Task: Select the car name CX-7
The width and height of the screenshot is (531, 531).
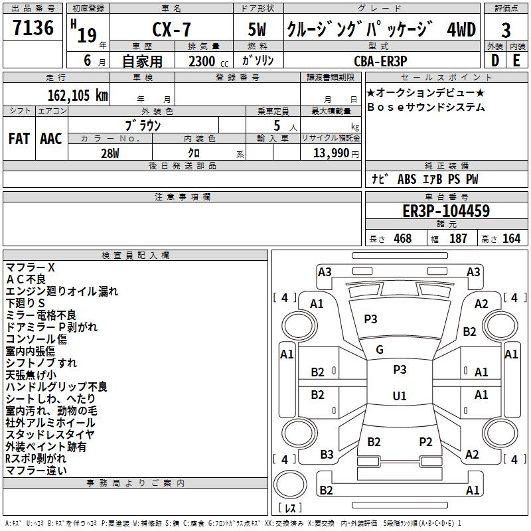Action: pos(171,31)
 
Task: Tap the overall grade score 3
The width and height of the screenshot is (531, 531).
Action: pos(506,31)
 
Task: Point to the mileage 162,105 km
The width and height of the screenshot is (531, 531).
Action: pos(78,95)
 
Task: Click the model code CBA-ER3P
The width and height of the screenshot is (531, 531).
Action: pos(380,60)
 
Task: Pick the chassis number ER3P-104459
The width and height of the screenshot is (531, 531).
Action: pos(446,212)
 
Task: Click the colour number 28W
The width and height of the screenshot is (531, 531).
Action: pos(110,153)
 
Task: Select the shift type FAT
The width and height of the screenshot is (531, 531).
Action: pos(19,139)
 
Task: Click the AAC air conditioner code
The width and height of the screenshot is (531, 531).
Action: pos(51,139)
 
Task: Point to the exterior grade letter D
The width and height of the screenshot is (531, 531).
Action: pos(494,60)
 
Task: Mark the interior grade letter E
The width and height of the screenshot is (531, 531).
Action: pos(516,60)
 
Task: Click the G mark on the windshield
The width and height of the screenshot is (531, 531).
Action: pos(380,349)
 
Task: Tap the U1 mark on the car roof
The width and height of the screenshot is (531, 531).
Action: pos(399,396)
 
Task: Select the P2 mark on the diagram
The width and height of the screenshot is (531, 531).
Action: pos(425,441)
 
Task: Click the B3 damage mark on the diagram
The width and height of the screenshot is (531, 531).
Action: pos(327,454)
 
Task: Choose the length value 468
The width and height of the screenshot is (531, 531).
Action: pos(402,239)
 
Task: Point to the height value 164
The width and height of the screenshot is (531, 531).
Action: pos(511,239)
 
